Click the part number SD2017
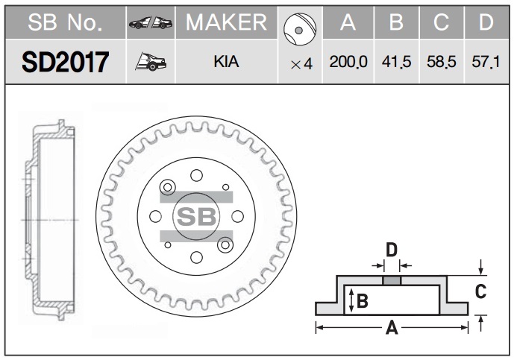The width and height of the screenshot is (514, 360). (65, 62)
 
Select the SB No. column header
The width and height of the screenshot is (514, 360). (65, 22)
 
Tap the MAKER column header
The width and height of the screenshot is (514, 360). (227, 22)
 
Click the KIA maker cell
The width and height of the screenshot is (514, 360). (226, 62)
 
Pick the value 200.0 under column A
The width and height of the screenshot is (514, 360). (348, 62)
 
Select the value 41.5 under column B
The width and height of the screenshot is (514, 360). (396, 62)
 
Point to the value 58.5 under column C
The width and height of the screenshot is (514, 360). (441, 62)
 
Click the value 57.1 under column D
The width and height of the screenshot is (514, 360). (486, 62)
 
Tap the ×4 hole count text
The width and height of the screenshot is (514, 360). (301, 64)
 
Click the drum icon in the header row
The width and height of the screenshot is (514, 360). (300, 29)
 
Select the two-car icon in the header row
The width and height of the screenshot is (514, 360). (151, 22)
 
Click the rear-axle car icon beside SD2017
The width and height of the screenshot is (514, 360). (151, 62)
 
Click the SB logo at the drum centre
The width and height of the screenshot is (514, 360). (196, 217)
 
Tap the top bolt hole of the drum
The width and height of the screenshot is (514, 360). (196, 175)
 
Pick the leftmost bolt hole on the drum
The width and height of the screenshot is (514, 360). (155, 217)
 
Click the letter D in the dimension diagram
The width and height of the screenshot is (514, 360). (392, 250)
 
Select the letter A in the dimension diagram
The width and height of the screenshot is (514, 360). (392, 327)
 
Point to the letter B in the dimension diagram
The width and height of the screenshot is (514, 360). (363, 300)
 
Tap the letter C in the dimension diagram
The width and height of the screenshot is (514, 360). (480, 291)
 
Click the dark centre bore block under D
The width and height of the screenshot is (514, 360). (392, 280)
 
